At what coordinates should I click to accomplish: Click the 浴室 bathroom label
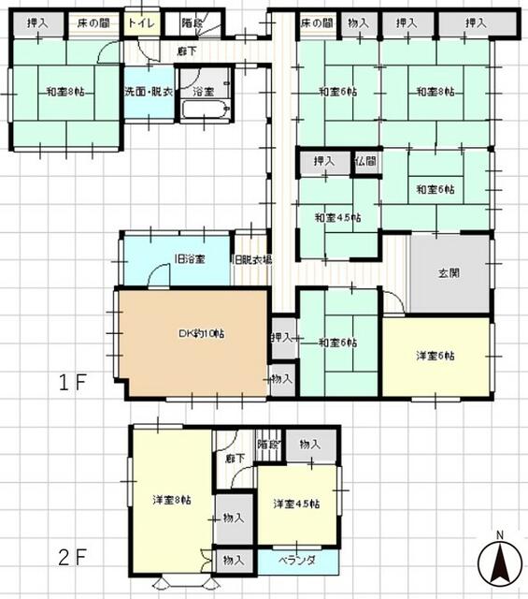pos(204,92)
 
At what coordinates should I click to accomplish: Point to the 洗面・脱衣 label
pos(149,92)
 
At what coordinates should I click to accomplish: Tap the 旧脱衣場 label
pos(251,259)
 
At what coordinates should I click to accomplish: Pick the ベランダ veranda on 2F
pos(297,560)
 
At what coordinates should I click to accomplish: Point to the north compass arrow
pos(500,563)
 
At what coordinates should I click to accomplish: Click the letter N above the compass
pos(500,535)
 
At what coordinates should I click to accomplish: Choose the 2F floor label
pos(76,559)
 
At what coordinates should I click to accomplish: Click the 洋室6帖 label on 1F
pos(435,356)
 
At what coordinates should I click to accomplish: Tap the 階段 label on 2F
pos(268,444)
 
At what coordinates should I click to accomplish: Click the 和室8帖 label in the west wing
pos(65,92)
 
